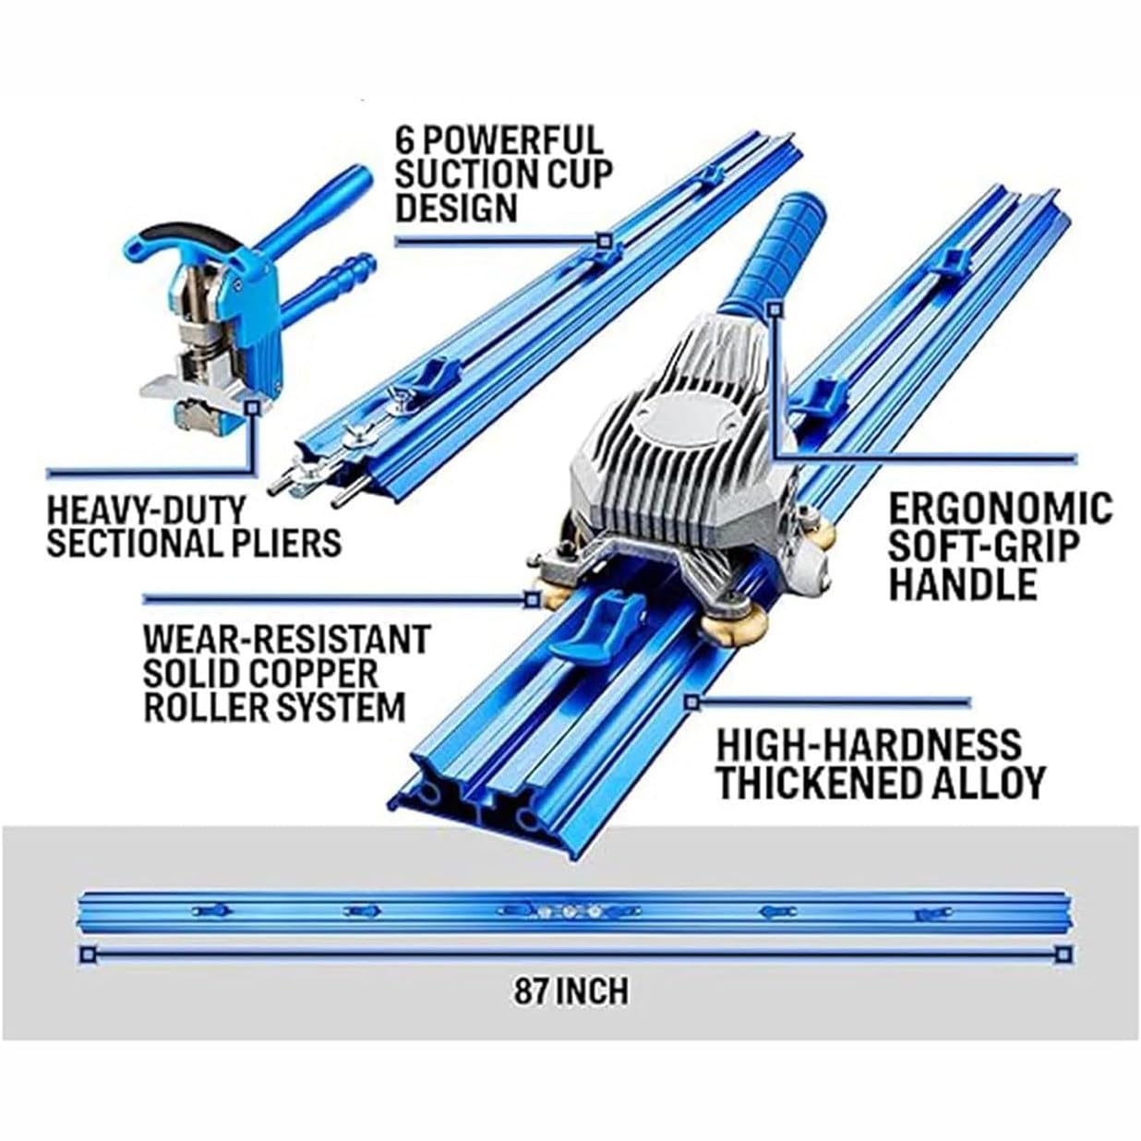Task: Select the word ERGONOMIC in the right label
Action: tap(1001, 509)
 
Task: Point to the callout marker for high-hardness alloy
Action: tap(691, 702)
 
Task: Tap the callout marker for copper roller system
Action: tap(532, 599)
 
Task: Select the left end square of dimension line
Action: tap(89, 954)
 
